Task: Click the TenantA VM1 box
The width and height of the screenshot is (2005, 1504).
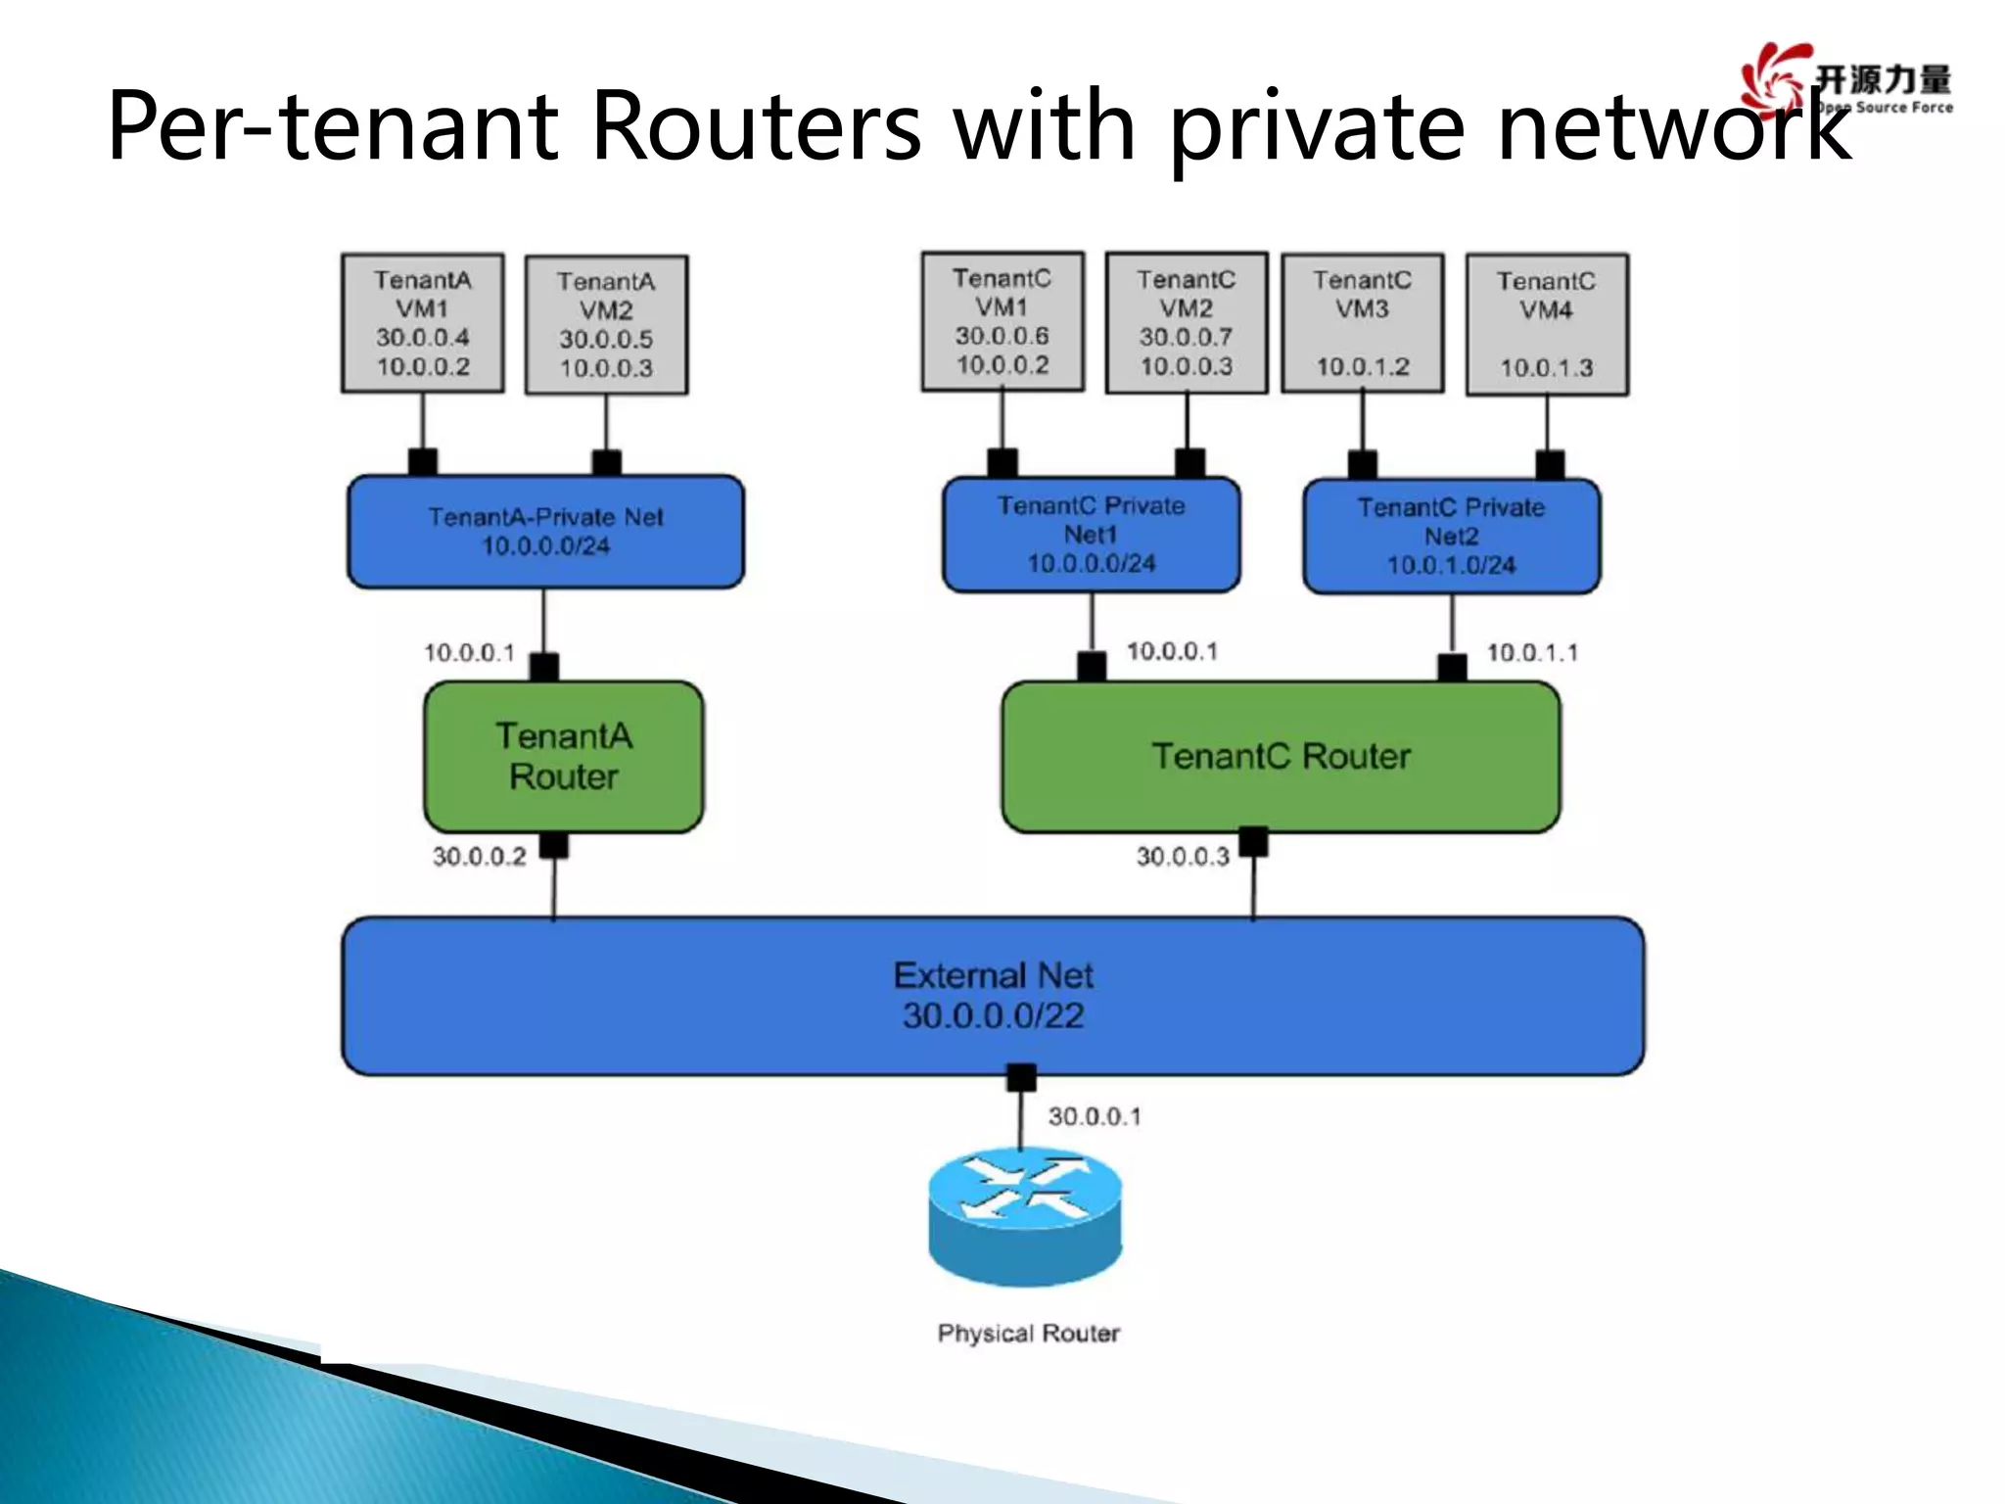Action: [422, 323]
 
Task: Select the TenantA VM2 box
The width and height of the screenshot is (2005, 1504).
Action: [606, 325]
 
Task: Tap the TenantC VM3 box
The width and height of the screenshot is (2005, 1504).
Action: [1362, 323]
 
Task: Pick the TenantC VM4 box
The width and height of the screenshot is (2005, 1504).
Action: [1546, 325]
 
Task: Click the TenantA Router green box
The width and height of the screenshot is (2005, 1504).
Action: [563, 756]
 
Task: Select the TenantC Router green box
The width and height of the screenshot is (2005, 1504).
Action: [1281, 756]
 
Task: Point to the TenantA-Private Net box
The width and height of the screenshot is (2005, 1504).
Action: [545, 532]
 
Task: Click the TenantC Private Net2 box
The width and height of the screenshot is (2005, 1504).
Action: [1451, 536]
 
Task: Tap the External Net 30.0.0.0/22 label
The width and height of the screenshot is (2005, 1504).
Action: [993, 996]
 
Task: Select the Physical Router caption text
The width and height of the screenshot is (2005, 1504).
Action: [1028, 1333]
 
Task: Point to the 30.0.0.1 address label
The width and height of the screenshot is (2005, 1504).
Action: [1094, 1116]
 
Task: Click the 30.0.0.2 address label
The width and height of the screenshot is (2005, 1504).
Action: [479, 857]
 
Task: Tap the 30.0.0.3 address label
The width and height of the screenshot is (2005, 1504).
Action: [1182, 857]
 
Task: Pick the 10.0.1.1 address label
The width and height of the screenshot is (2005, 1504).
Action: [1531, 653]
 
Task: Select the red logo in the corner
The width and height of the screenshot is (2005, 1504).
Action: [1770, 78]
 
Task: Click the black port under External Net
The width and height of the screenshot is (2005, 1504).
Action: [1021, 1077]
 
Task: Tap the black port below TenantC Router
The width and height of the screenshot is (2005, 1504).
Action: [1253, 841]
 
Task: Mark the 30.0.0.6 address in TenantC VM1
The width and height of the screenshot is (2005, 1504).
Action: [1002, 336]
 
